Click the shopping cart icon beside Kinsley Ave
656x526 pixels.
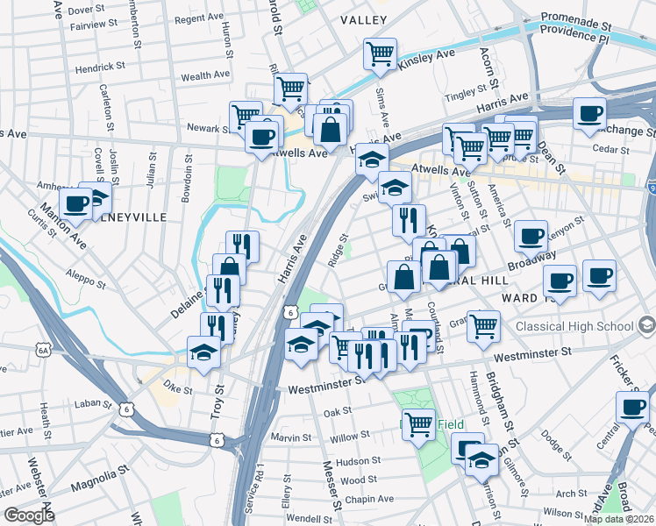click(x=381, y=54)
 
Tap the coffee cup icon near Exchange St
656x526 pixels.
click(x=590, y=113)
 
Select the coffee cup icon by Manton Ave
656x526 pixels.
click(x=76, y=203)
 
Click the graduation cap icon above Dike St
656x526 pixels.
click(x=204, y=352)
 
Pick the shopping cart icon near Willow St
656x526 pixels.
click(x=418, y=424)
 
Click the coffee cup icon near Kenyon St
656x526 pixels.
click(x=531, y=235)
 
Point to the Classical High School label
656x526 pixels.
click(x=574, y=326)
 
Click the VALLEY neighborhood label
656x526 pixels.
click(x=364, y=19)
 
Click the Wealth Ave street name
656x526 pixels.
click(x=206, y=76)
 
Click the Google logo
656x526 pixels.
click(x=29, y=515)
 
